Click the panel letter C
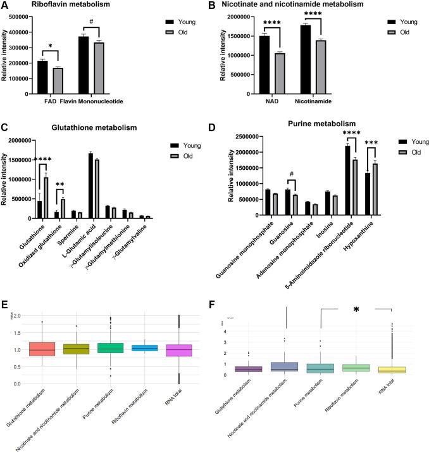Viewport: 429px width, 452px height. [5, 127]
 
